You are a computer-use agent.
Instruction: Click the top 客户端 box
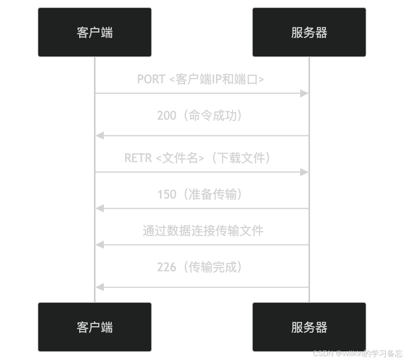tap(95, 32)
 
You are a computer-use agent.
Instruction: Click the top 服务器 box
tap(309, 32)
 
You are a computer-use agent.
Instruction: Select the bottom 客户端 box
tap(95, 327)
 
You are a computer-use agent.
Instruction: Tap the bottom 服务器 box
tap(309, 327)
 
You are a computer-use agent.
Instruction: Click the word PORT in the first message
tap(151, 79)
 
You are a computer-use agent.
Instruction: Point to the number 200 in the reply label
tap(167, 116)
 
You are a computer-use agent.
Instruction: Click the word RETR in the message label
tap(138, 158)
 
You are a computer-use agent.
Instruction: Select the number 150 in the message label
tap(167, 194)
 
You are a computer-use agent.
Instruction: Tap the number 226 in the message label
tap(167, 267)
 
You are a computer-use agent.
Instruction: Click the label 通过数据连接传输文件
tap(203, 231)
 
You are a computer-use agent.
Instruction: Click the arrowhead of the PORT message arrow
tap(304, 93)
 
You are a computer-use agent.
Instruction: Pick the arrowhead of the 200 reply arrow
tap(100, 136)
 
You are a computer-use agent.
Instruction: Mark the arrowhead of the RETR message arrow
tap(304, 172)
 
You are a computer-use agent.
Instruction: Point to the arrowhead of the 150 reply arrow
tap(100, 208)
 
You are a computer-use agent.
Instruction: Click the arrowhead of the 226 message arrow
tap(100, 287)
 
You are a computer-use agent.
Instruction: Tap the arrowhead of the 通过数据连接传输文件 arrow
tap(100, 245)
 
